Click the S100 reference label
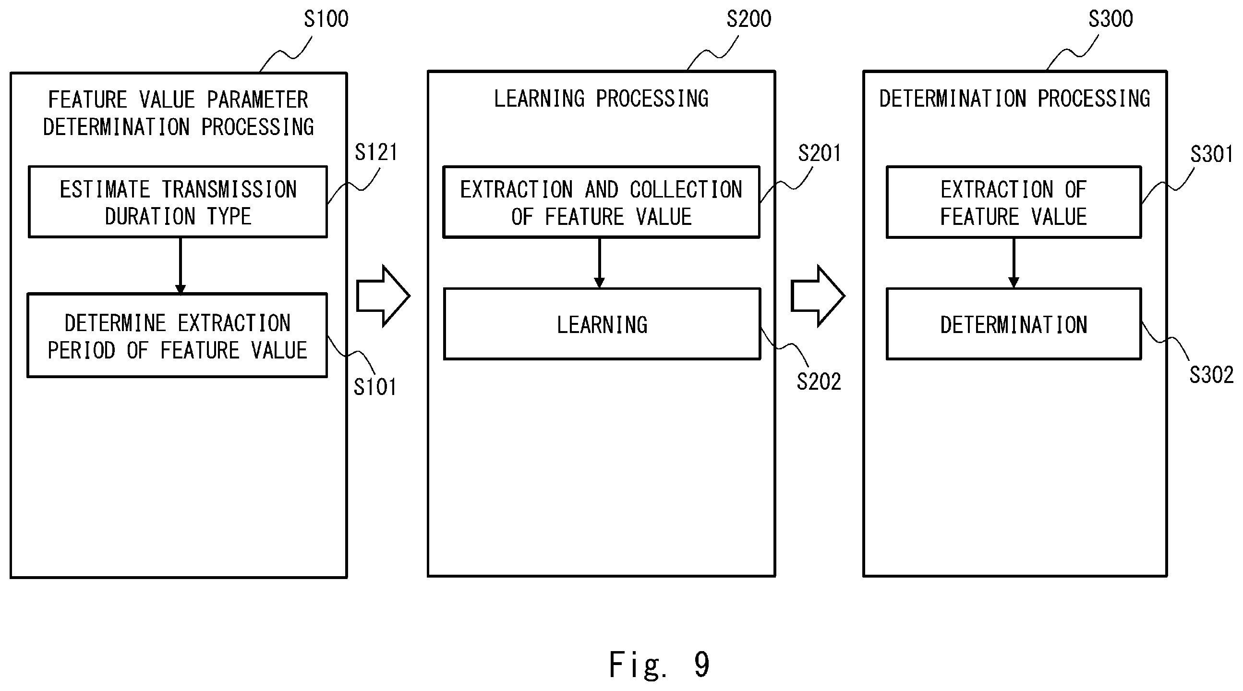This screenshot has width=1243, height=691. click(x=326, y=19)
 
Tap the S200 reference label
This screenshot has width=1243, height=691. click(x=749, y=19)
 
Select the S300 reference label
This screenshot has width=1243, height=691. click(x=1110, y=19)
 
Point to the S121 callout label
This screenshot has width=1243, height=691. click(x=376, y=152)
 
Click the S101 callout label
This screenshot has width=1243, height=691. click(x=375, y=387)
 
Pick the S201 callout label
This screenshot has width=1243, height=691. click(x=820, y=153)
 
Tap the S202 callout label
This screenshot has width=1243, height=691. click(x=819, y=382)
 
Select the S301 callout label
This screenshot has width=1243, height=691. click(x=1212, y=154)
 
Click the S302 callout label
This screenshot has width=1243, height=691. click(x=1211, y=375)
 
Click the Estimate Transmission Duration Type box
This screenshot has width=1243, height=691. click(x=178, y=202)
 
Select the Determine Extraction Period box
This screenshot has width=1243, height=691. click(x=178, y=335)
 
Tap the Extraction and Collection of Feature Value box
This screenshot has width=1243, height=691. click(x=601, y=202)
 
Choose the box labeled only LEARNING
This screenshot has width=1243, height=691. click(x=602, y=324)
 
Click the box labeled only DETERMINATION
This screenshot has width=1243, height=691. click(x=1014, y=324)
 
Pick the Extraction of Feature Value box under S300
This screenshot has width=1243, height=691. click(x=1014, y=202)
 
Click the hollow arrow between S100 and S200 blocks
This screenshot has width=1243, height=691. click(x=383, y=296)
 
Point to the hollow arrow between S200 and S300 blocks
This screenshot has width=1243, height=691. click(x=818, y=296)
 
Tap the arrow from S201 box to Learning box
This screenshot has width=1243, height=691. click(x=600, y=263)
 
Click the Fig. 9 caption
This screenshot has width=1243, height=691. click(x=659, y=665)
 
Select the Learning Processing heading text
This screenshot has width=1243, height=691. click(x=601, y=99)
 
